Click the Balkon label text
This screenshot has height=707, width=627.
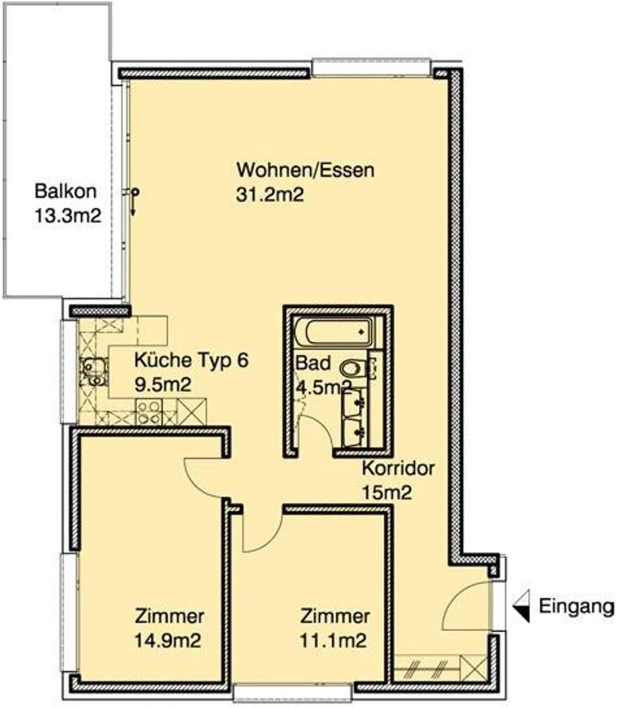[65, 191]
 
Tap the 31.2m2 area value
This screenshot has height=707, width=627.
[270, 195]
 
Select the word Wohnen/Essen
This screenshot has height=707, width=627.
[305, 170]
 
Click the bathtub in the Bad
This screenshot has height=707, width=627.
[334, 332]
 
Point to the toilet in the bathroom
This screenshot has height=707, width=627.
[353, 369]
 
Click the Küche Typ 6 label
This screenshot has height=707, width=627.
[191, 360]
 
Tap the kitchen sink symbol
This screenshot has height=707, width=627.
[93, 372]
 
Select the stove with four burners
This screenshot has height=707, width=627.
[148, 412]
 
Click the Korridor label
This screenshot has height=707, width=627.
[398, 469]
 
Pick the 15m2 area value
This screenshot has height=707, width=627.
[387, 493]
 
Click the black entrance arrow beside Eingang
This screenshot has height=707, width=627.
[522, 606]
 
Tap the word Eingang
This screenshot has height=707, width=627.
[576, 606]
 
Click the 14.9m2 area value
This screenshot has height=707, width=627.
[168, 640]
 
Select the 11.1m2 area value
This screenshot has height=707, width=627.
[333, 640]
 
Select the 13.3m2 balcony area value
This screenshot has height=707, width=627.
[67, 216]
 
